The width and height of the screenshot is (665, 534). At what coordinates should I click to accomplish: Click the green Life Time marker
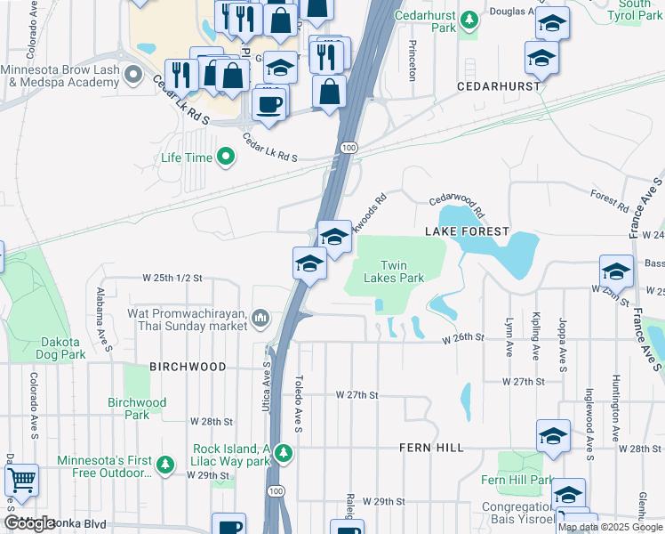(226, 158)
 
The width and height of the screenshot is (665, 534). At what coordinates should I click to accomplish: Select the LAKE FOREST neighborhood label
(467, 231)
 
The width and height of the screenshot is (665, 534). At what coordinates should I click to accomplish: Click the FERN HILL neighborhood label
(431, 448)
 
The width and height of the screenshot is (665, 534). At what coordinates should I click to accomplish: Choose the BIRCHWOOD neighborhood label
(188, 367)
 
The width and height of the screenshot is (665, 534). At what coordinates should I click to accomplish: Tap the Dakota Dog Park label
(61, 348)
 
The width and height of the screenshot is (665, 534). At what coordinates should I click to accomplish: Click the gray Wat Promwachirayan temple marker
(260, 318)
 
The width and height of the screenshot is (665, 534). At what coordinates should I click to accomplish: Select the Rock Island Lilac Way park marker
(283, 454)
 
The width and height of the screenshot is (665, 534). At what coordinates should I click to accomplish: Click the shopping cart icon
(21, 480)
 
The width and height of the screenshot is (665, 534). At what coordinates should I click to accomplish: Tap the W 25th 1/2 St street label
(172, 278)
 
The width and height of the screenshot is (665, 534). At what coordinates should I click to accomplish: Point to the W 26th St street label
(463, 338)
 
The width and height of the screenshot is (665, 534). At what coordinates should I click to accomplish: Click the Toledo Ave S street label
(300, 403)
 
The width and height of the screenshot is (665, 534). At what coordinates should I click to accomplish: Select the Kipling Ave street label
(535, 338)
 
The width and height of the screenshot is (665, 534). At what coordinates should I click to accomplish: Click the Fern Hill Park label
(528, 481)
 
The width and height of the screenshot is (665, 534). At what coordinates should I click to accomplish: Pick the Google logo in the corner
(29, 523)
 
